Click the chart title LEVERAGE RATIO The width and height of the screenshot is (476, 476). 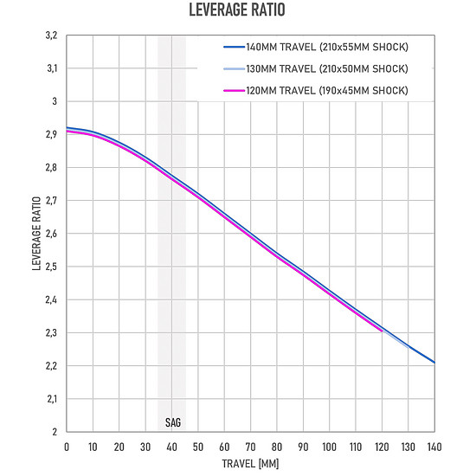click(x=237, y=10)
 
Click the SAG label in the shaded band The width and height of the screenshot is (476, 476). click(x=171, y=423)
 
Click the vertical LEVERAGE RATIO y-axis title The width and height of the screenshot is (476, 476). click(x=37, y=234)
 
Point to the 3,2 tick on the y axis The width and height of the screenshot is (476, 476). click(x=51, y=35)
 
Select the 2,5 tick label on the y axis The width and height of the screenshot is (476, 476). click(x=51, y=267)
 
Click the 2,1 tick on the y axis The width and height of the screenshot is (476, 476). click(x=51, y=398)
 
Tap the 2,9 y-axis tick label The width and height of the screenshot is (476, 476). click(x=51, y=134)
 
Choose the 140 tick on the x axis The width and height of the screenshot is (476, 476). click(x=434, y=446)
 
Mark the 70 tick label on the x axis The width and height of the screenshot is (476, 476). click(x=250, y=446)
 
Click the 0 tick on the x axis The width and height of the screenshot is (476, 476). click(x=67, y=446)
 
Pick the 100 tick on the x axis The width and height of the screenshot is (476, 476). click(x=329, y=446)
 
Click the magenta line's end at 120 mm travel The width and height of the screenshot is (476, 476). click(x=381, y=331)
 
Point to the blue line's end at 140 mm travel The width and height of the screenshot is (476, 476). click(x=434, y=363)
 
